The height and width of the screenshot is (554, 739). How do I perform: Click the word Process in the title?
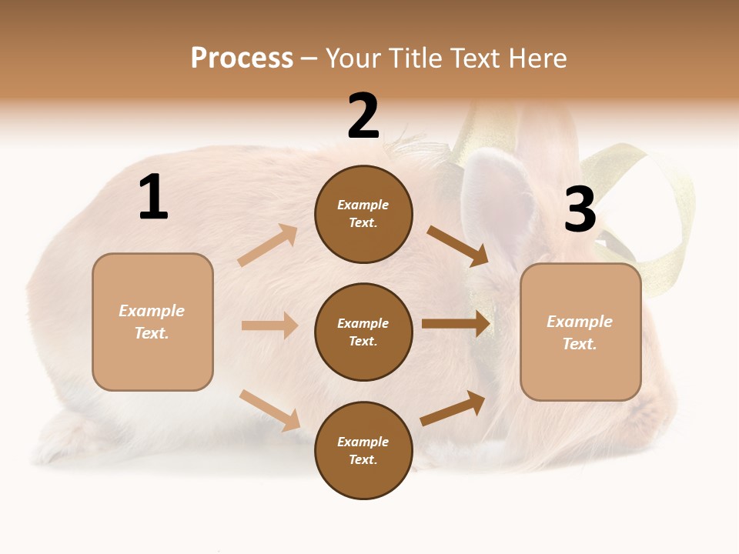(x=242, y=58)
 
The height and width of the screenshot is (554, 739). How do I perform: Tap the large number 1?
(x=153, y=198)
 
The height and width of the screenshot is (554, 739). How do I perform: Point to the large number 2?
(x=363, y=116)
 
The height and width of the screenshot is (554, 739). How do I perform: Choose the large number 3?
(x=580, y=209)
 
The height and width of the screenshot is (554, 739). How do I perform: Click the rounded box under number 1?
(x=152, y=322)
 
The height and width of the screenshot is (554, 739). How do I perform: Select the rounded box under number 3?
(x=580, y=332)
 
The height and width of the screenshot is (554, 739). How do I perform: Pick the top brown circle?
(x=363, y=214)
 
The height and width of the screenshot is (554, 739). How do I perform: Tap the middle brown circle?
(x=363, y=332)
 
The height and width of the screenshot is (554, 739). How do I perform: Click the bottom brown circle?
(x=363, y=450)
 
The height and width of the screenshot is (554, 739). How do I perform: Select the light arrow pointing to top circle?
(x=268, y=245)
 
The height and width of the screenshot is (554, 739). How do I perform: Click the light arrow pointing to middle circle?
(x=269, y=325)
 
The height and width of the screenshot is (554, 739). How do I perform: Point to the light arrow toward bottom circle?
(x=269, y=410)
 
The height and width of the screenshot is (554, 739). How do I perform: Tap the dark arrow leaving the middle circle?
(x=456, y=324)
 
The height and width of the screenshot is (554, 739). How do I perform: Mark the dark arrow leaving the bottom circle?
(x=453, y=409)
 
